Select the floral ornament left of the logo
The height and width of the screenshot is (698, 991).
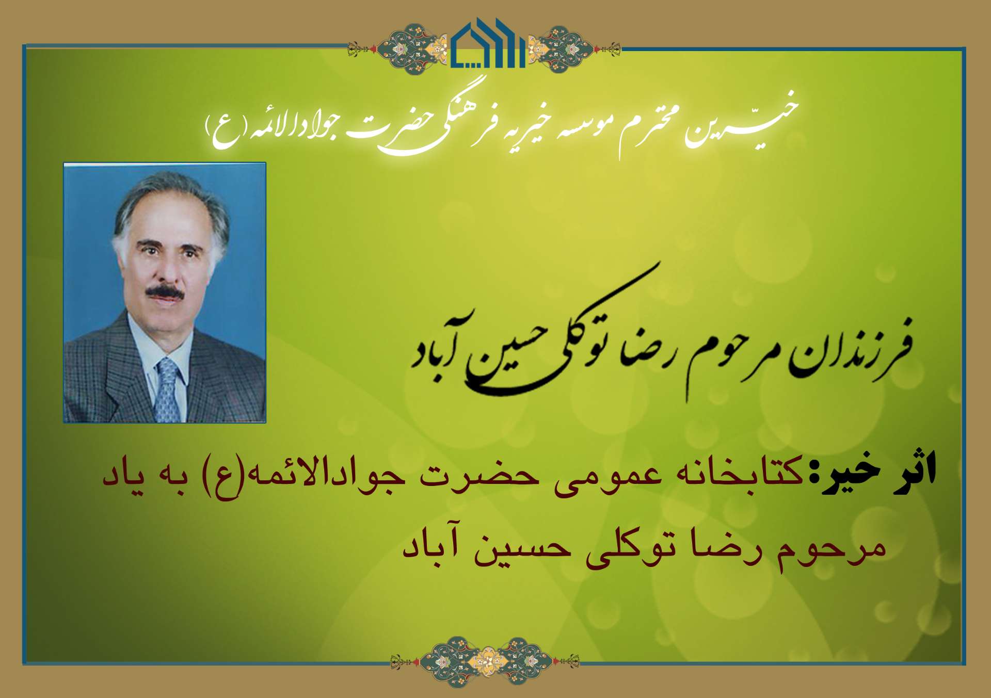tap(399, 47)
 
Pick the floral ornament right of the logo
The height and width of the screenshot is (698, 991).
tap(573, 47)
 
